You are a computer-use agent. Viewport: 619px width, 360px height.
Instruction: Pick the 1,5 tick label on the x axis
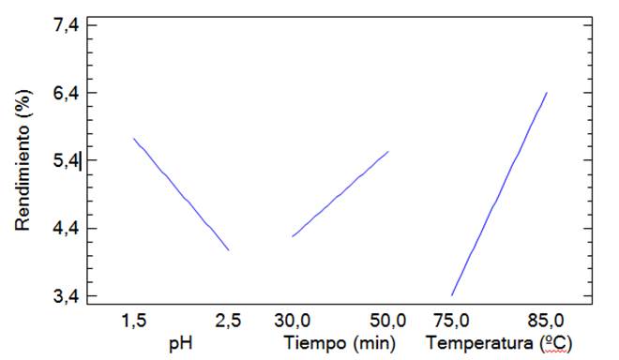click(133, 321)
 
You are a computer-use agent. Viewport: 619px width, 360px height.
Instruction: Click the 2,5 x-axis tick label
click(228, 321)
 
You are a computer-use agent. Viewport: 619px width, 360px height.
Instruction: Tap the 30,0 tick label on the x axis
click(293, 321)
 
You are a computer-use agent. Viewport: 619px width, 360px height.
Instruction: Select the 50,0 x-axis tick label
click(387, 321)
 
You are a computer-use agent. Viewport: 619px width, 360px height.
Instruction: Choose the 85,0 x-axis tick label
click(546, 321)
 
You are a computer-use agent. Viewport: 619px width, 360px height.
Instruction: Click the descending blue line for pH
click(180, 194)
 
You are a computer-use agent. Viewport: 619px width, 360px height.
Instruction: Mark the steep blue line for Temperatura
click(499, 194)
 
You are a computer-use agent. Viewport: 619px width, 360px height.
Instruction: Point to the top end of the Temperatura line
click(546, 93)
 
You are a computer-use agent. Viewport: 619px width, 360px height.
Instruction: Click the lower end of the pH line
click(228, 249)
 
